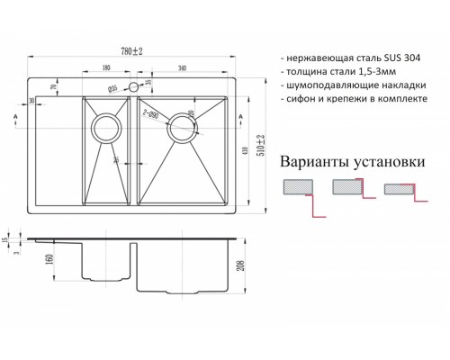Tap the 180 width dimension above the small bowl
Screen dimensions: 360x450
click(106, 67)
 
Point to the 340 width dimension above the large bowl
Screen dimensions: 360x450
click(183, 67)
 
